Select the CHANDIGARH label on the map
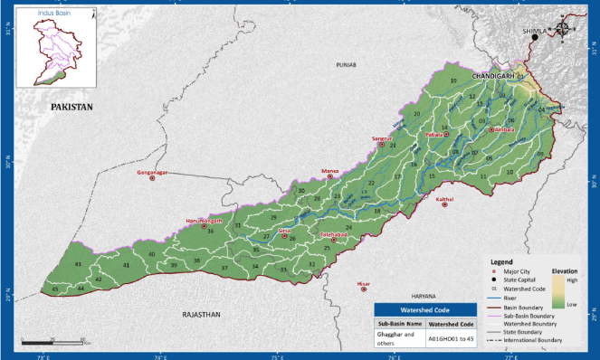(495, 77)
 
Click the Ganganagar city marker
(152, 178)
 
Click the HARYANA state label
(424, 296)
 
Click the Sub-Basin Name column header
(401, 322)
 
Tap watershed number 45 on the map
(55, 289)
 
